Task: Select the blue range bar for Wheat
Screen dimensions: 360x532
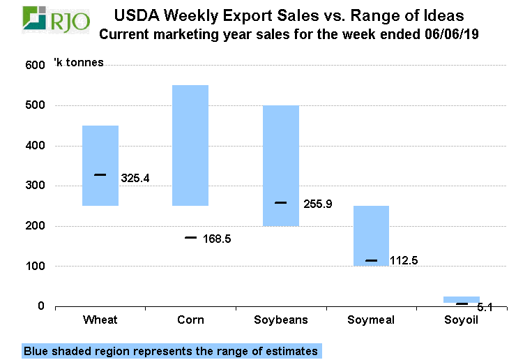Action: point(100,165)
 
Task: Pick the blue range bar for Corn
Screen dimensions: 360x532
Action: point(190,145)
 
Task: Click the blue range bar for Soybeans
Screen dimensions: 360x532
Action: point(280,165)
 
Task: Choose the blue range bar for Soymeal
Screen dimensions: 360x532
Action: point(371,235)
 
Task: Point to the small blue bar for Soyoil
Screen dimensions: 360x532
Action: point(461,299)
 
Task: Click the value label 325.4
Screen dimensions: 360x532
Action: point(135,179)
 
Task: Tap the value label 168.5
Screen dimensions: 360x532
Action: point(216,239)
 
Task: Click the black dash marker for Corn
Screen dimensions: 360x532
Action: point(190,238)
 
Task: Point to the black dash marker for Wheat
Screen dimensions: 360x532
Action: point(100,175)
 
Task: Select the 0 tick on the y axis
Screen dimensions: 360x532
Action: point(40,306)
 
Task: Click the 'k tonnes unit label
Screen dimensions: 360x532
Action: point(79,63)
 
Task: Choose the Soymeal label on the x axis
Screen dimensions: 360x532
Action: point(370,320)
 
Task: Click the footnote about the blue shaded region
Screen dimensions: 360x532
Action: point(170,351)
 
